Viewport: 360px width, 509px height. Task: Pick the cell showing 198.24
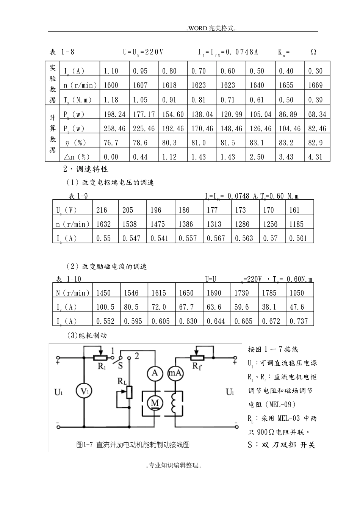coord(114,114)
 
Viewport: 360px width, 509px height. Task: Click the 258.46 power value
coord(114,128)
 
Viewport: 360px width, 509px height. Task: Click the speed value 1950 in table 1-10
coord(297,293)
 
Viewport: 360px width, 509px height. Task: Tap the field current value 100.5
coord(105,307)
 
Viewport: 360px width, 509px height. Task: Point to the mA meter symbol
coord(175,373)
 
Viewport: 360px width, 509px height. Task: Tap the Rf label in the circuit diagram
coord(197,366)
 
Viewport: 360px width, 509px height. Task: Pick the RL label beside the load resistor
coord(122,381)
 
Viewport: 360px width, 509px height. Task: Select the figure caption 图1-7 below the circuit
coord(133,445)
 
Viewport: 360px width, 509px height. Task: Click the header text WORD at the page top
coord(198,28)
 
